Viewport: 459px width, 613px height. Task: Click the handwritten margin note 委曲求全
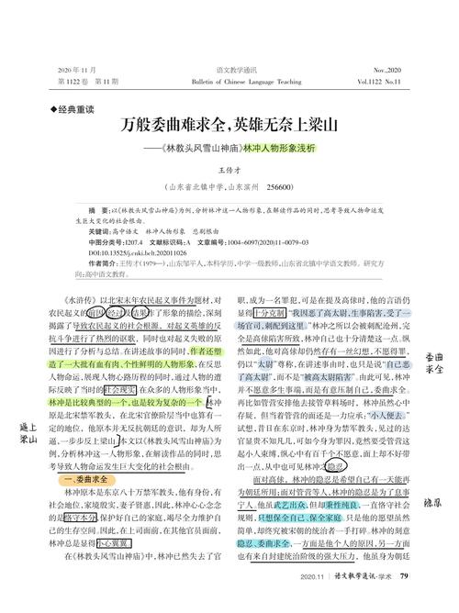[x=435, y=361]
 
